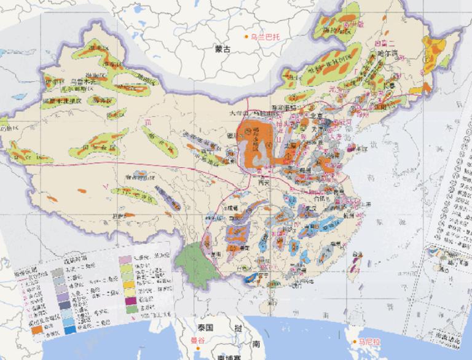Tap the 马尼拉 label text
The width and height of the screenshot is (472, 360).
371,342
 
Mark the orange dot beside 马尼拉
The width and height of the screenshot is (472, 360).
355,342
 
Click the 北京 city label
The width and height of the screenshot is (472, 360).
315,115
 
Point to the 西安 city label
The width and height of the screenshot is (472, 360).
265,182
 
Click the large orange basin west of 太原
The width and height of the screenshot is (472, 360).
253,143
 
